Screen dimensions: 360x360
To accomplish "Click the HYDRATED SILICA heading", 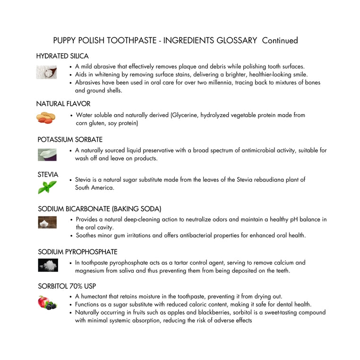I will point(62,56).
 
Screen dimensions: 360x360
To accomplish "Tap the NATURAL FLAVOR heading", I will point(63,104).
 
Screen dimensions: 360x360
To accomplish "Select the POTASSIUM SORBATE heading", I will point(70,140).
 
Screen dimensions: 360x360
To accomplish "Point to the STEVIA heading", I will point(48,175).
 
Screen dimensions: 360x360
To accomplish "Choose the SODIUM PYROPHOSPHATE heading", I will point(77,252).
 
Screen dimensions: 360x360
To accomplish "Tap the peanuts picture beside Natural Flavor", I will point(46,118).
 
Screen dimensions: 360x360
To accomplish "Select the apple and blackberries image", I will point(47,302).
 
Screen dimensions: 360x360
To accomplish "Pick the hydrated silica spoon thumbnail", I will point(46,72).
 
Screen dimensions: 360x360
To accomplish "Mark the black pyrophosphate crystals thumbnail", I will point(48,265).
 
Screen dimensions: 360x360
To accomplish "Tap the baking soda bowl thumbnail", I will point(47,222).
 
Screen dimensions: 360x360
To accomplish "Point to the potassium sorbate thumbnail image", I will point(47,154).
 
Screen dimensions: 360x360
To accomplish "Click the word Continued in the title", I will point(280,41).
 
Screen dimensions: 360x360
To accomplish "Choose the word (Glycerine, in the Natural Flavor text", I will point(184,115).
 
